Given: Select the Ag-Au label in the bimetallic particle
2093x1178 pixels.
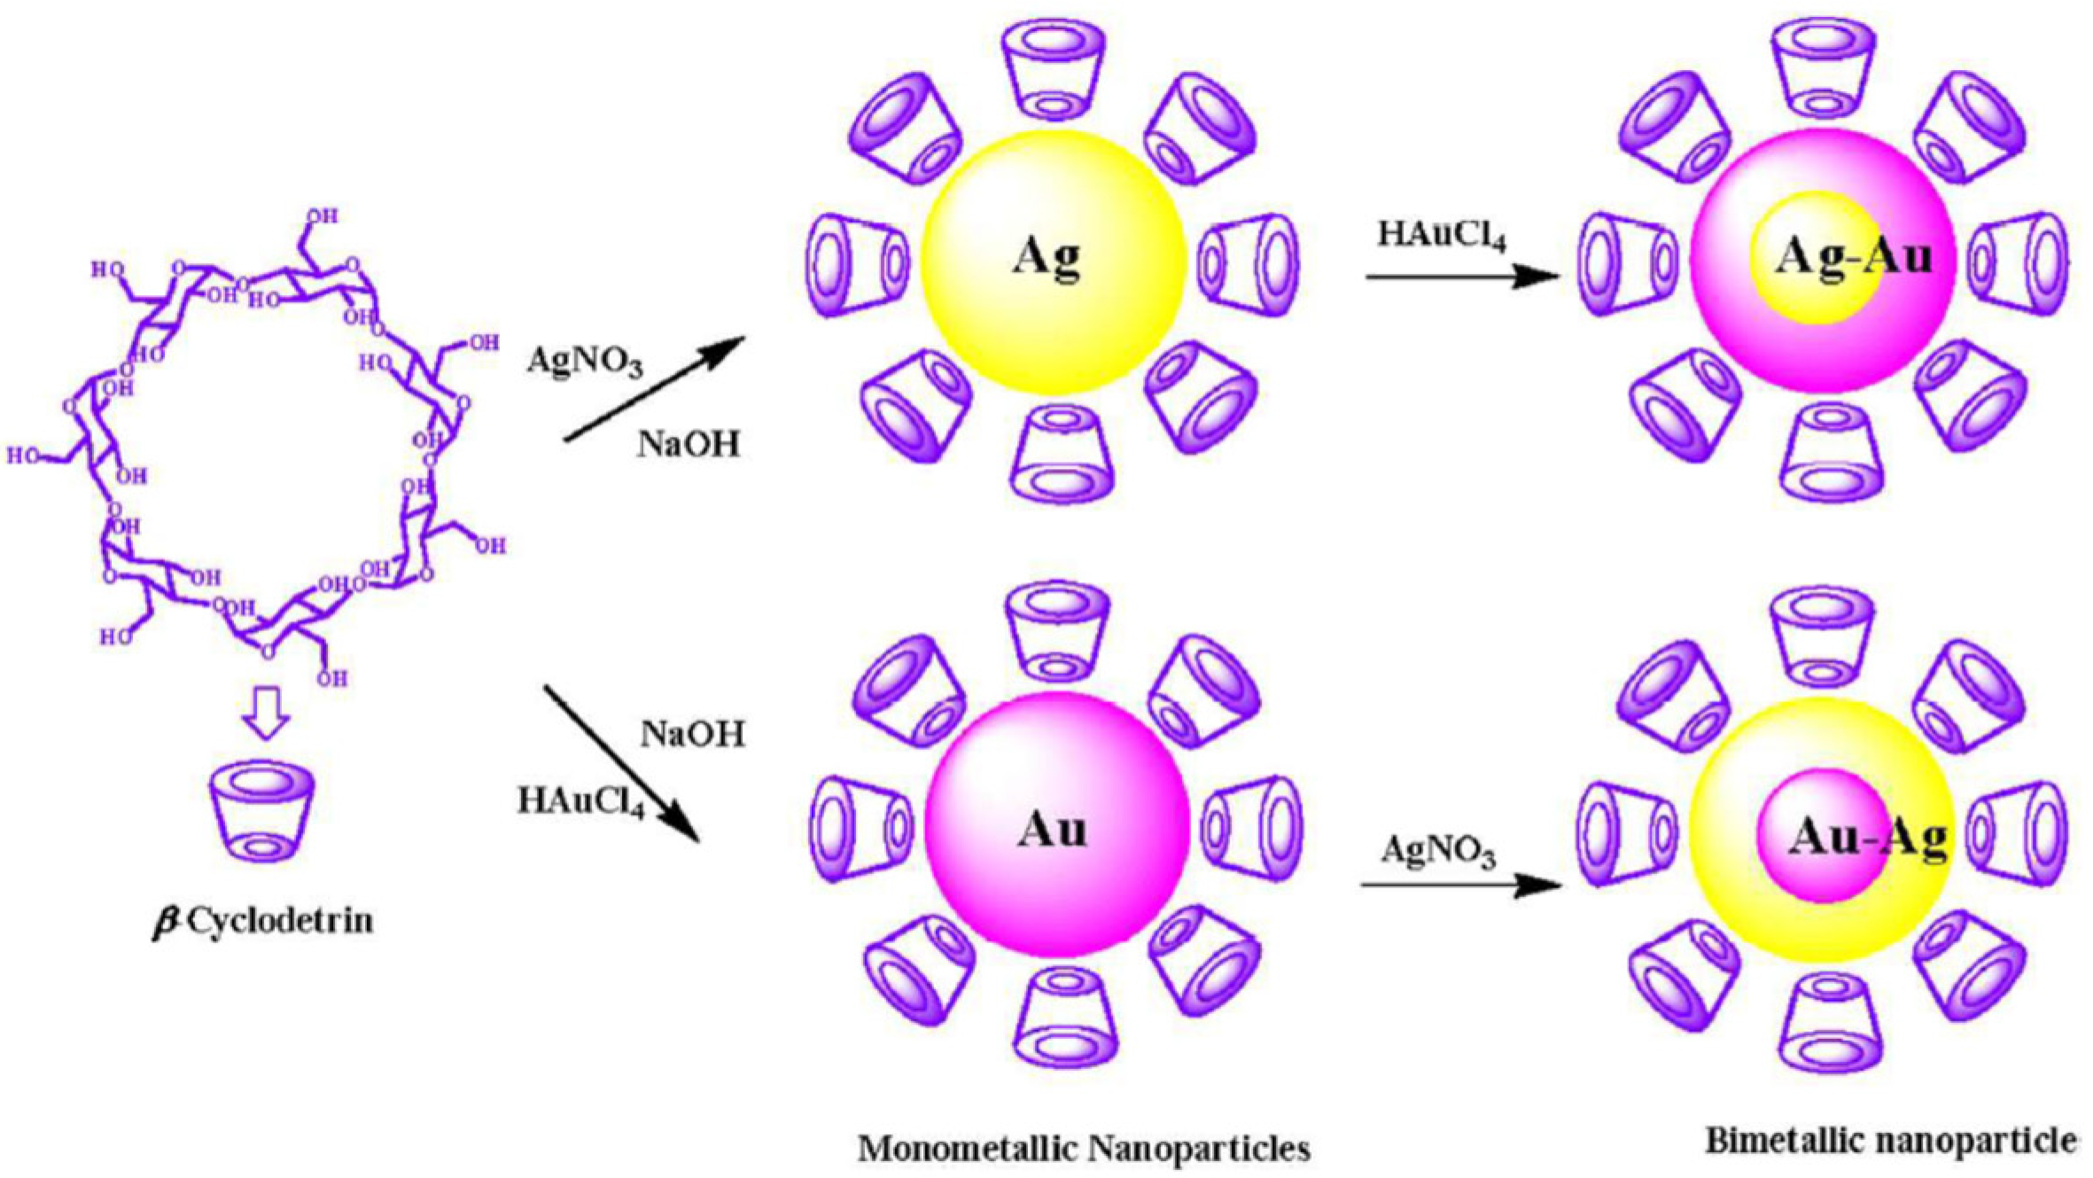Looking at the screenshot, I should [x=1852, y=256].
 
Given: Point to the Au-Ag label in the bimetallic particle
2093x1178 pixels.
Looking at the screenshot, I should [x=1866, y=836].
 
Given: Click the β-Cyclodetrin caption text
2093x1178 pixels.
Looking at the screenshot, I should [x=263, y=922].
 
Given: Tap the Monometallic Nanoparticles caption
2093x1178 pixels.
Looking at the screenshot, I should [x=1083, y=1148].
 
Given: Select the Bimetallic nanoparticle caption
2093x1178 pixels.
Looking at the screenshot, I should [x=1889, y=1140].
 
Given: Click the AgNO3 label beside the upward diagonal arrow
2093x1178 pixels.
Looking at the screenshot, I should [x=585, y=361].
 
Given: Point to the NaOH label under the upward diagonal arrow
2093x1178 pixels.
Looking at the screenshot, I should [x=688, y=443].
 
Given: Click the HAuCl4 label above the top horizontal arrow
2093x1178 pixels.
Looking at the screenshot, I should [x=1441, y=236].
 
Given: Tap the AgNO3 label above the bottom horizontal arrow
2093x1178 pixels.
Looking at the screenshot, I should [x=1437, y=851].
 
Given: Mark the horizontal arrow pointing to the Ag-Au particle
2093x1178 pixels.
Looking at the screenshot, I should [x=1462, y=277].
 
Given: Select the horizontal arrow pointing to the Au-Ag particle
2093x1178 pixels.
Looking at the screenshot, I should [x=1462, y=884].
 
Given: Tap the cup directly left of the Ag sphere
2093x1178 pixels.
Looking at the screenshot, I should [x=858, y=262].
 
